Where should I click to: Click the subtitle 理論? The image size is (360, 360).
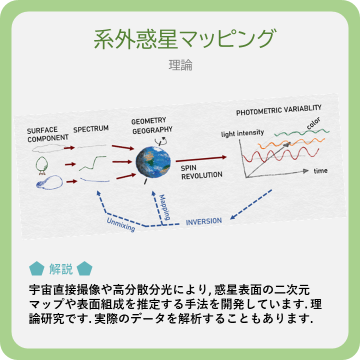coord(180,65)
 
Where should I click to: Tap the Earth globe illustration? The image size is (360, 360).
coord(153,161)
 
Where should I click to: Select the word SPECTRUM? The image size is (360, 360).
coord(91,129)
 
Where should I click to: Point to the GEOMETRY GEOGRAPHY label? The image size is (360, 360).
coord(152,125)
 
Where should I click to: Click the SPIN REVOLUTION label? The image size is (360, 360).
coord(201,172)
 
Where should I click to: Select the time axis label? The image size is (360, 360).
coord(320,171)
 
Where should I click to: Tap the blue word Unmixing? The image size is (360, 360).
coord(120,222)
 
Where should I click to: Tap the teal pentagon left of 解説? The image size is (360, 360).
coord(36,269)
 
